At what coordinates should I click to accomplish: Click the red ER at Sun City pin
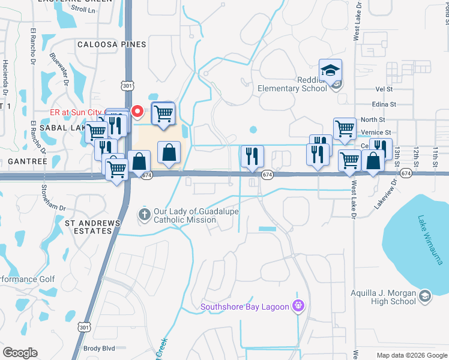click(x=137, y=111)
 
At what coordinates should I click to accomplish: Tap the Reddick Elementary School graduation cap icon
click(x=330, y=70)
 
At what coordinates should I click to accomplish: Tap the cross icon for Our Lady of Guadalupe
click(x=144, y=214)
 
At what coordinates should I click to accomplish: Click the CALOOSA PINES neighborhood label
click(x=112, y=44)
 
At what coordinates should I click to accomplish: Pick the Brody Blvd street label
click(x=99, y=349)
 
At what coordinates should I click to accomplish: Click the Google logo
click(x=20, y=353)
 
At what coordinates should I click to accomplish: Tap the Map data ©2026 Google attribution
click(x=412, y=355)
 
